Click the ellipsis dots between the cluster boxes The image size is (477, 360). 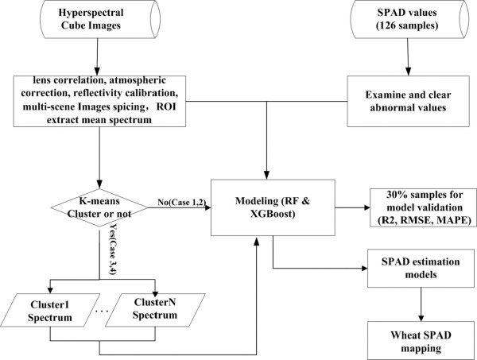tap(102, 312)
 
